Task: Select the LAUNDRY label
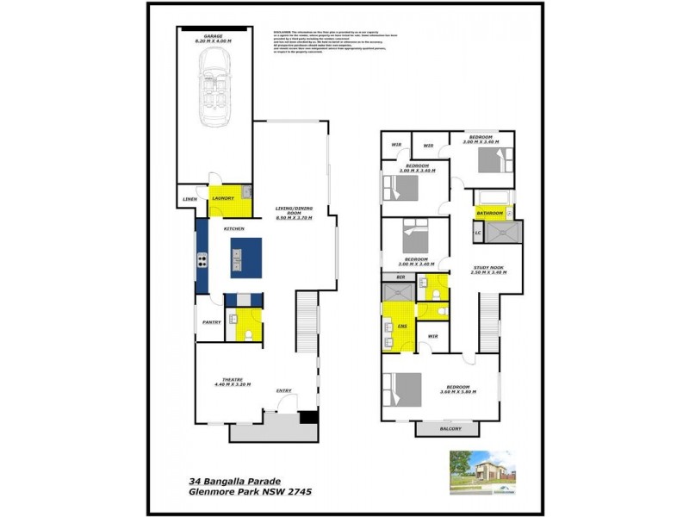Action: click(224, 198)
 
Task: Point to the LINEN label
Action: click(190, 201)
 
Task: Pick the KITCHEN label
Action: click(234, 229)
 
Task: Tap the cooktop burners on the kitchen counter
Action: click(203, 259)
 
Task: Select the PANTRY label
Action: click(212, 322)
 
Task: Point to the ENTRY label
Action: click(284, 390)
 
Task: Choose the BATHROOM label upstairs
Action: click(491, 212)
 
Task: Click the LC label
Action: click(477, 233)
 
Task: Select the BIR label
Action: click(400, 277)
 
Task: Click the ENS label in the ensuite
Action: click(402, 327)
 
